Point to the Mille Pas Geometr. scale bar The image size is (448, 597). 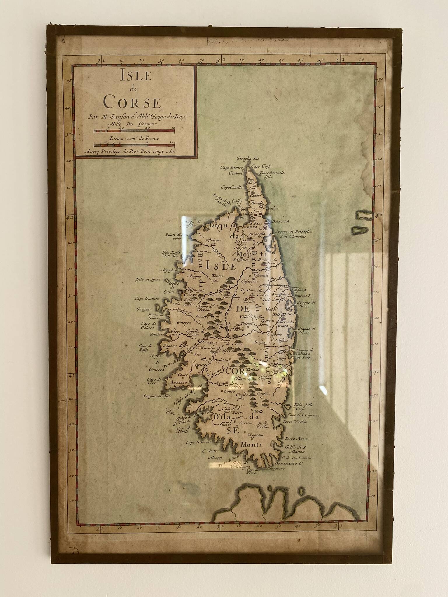point(134,131)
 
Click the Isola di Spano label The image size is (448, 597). point(148,280)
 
